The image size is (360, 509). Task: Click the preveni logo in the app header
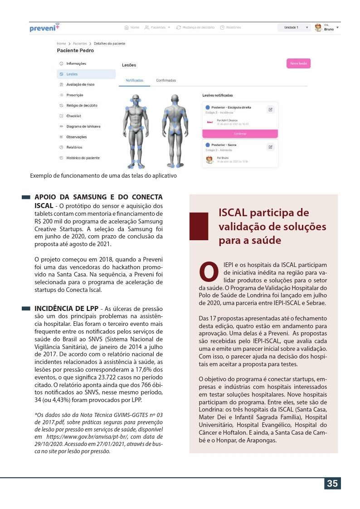(44, 28)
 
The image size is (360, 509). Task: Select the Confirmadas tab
(166, 80)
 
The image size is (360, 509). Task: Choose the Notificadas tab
(135, 80)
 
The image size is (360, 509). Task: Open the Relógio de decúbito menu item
(82, 106)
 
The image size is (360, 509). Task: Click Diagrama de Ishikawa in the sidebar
(83, 126)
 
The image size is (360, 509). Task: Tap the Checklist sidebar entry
(73, 116)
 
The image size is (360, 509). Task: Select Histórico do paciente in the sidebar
(83, 158)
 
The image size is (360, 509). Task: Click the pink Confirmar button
(240, 134)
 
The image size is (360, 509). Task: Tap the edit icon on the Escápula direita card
(270, 109)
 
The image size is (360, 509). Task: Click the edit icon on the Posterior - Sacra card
(270, 147)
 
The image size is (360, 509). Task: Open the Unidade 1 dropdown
(294, 28)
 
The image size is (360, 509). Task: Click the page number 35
(332, 483)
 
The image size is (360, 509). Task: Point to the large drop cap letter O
(209, 271)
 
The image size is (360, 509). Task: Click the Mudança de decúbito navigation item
(195, 28)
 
